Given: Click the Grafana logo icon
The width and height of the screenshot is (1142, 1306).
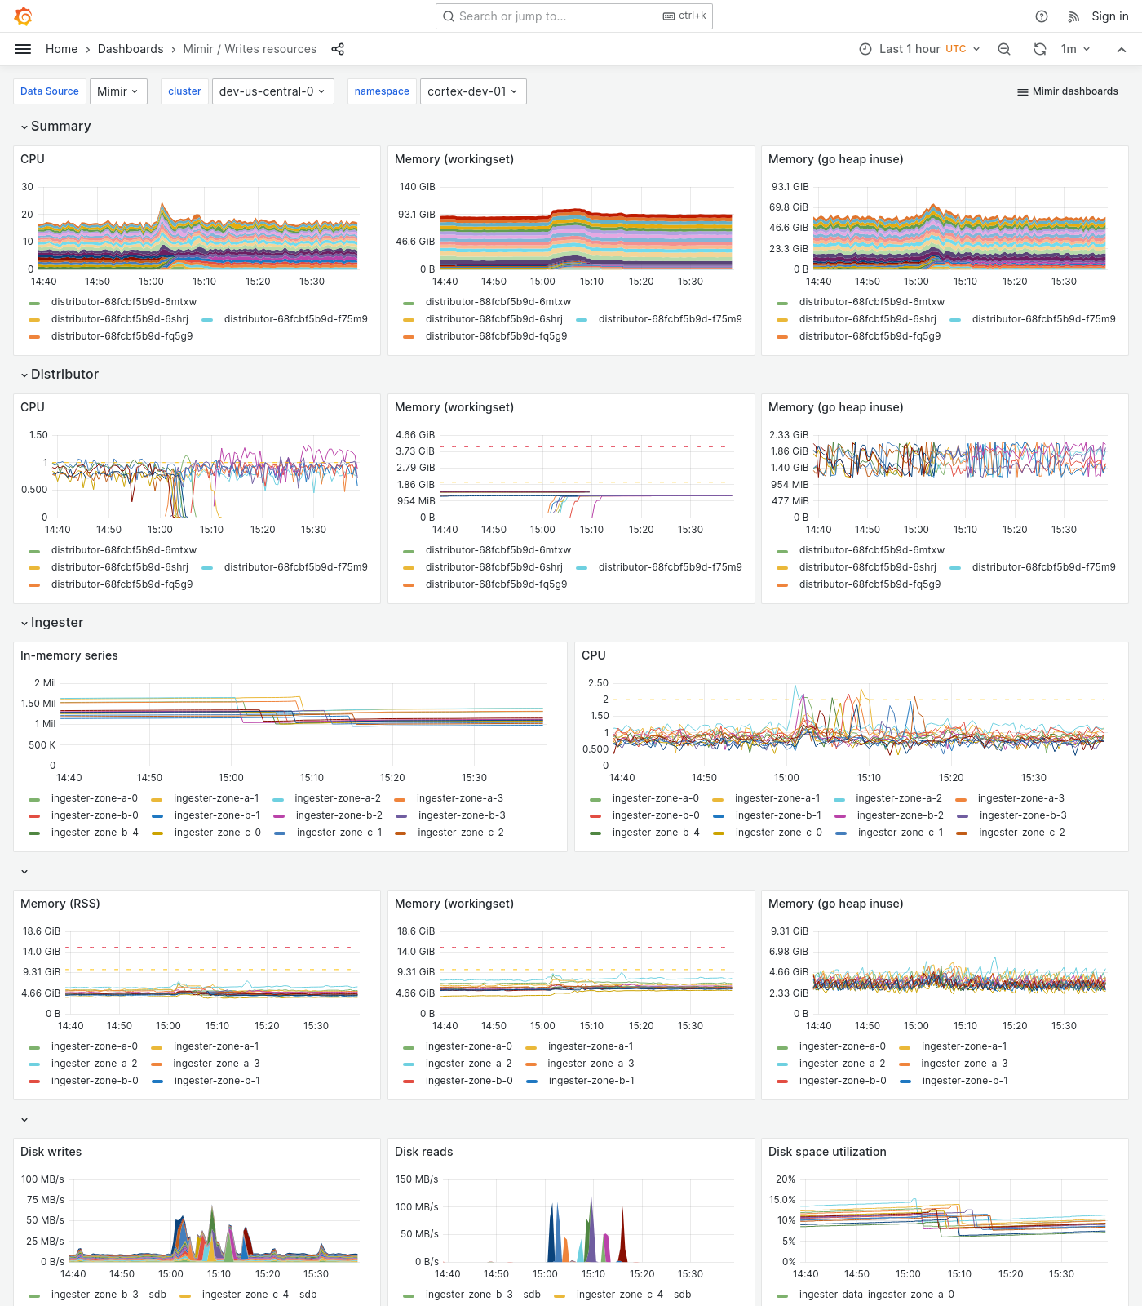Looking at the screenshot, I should pos(24,16).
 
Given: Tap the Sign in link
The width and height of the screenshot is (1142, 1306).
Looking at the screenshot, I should pos(1109,16).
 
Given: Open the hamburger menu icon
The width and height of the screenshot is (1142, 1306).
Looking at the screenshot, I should pos(23,49).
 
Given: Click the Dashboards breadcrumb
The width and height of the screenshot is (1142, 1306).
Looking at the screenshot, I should pos(131,49).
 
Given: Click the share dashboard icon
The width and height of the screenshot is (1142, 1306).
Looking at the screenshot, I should pos(338,49).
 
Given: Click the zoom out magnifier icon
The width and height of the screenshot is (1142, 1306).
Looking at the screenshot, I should pos(1004,49).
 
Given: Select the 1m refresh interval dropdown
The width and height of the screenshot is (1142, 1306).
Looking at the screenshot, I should pos(1075,49).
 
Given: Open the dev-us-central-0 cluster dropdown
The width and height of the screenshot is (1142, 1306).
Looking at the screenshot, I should pos(272,91).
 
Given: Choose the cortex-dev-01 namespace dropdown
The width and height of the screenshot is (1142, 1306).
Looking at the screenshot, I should pos(472,91).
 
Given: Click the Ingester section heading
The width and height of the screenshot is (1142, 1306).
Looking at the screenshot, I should pos(56,622).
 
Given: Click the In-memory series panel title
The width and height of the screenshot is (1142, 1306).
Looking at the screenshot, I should pos(69,655).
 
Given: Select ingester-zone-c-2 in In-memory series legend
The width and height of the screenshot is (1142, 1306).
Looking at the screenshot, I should pos(460,833).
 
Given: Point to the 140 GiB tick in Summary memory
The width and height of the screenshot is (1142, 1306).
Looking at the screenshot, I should pos(417,187).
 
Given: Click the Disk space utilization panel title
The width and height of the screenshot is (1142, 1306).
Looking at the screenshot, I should pos(827,1152).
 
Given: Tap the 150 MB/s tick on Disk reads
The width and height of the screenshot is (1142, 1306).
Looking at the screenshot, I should pos(417,1179).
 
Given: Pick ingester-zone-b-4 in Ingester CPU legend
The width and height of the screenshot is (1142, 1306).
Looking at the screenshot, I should pos(656,833).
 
